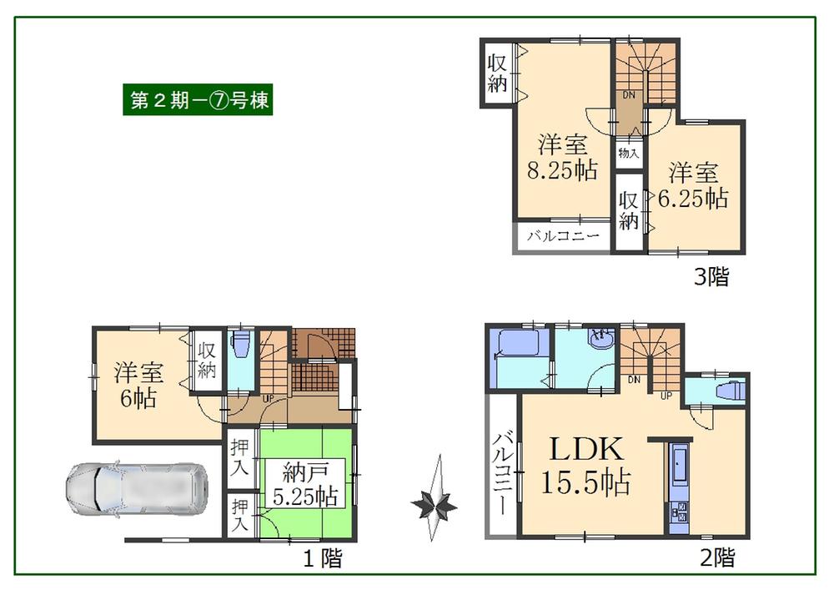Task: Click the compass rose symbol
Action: (435, 504)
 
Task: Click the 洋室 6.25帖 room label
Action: (693, 186)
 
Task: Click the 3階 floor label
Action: (711, 277)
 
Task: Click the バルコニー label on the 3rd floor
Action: (564, 237)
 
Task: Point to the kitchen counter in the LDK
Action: (677, 484)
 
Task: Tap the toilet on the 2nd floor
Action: (726, 391)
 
